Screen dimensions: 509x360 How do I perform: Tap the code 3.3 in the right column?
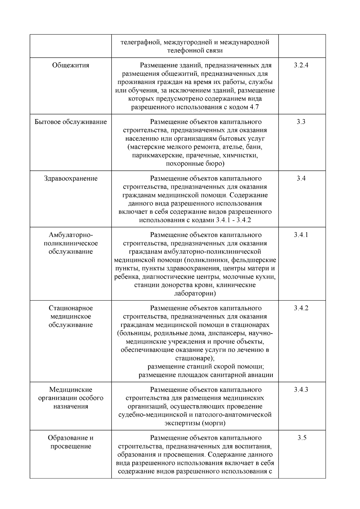click(x=301, y=122)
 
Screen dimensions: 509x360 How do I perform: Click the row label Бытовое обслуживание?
click(x=71, y=122)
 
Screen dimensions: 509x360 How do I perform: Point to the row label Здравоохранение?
click(x=71, y=178)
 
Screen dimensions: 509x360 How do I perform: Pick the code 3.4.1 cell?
click(x=301, y=235)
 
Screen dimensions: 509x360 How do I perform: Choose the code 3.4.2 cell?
click(x=301, y=308)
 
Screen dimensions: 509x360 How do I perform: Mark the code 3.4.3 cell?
click(x=301, y=390)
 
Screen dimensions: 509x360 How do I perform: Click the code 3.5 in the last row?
click(x=302, y=438)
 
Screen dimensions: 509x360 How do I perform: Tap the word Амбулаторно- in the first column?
click(x=71, y=235)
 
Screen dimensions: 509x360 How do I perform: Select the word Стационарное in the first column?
click(x=71, y=308)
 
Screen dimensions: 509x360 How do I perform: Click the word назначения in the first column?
click(x=71, y=406)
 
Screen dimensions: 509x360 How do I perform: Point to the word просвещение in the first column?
click(x=71, y=446)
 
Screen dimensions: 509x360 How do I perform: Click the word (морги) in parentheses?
click(x=213, y=423)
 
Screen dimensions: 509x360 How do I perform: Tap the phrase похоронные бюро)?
click(x=195, y=164)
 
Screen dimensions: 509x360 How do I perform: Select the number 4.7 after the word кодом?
click(x=254, y=107)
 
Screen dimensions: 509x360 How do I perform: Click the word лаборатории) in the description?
click(x=195, y=293)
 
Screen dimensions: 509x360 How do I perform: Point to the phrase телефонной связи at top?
click(x=195, y=50)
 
